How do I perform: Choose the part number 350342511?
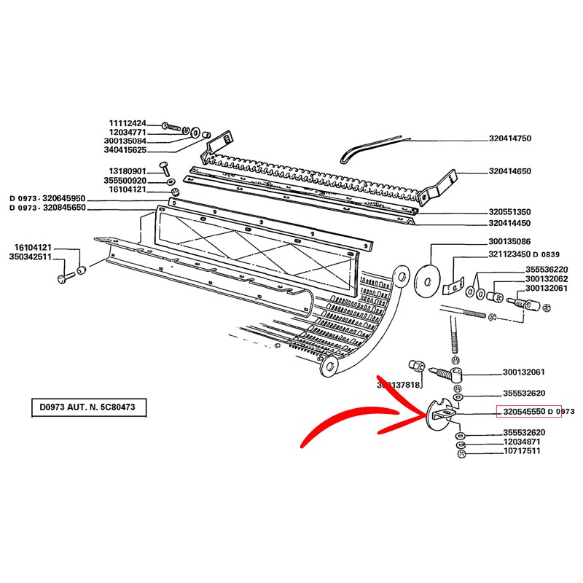point(30,257)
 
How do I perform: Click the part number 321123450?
point(509,254)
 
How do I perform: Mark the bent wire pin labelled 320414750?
point(368,149)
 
